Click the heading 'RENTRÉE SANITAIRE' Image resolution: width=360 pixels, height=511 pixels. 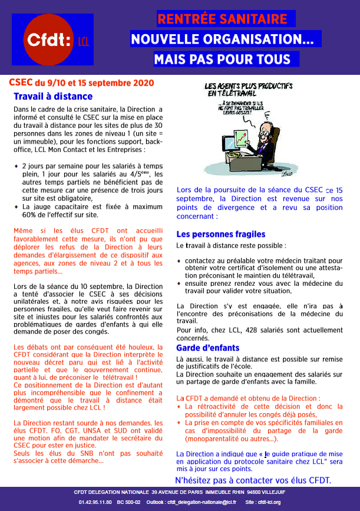[x=226, y=19]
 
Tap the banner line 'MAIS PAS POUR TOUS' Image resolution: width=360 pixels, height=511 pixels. [x=222, y=60]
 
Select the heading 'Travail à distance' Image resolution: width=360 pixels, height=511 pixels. [x=53, y=97]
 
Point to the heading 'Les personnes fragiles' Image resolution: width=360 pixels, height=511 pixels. [x=221, y=234]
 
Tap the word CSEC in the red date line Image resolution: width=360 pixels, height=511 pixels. [x=21, y=83]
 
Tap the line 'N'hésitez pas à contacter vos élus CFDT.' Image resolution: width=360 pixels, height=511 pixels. [x=253, y=480]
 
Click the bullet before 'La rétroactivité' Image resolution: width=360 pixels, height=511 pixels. [x=179, y=407]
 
